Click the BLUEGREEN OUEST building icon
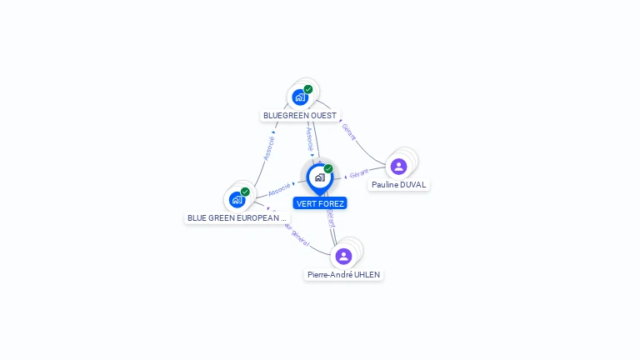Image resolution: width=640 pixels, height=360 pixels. (300, 97)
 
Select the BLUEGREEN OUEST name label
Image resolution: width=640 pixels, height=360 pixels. (301, 116)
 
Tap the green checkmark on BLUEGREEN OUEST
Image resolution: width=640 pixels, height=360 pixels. (308, 89)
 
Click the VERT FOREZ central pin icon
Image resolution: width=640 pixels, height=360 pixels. (319, 177)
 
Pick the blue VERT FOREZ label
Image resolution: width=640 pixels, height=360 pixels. (320, 203)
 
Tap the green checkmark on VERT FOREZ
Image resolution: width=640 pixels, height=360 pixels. (328, 169)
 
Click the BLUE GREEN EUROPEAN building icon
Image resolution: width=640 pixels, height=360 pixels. (237, 200)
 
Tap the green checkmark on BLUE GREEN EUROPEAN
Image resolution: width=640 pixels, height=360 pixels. (245, 192)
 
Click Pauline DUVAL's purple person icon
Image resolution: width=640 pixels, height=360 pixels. (399, 167)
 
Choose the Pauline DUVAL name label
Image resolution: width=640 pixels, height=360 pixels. (399, 185)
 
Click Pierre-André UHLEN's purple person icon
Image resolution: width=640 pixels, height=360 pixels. (344, 256)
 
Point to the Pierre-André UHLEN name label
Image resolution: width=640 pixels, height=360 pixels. (344, 274)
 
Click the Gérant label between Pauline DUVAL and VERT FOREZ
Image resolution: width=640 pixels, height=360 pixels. (359, 173)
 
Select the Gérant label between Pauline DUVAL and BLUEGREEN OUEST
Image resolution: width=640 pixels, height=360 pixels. (349, 132)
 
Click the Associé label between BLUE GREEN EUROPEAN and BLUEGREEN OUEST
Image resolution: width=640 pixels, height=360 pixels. (268, 147)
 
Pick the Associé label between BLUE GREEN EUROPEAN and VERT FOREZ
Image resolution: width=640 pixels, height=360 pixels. (280, 190)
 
